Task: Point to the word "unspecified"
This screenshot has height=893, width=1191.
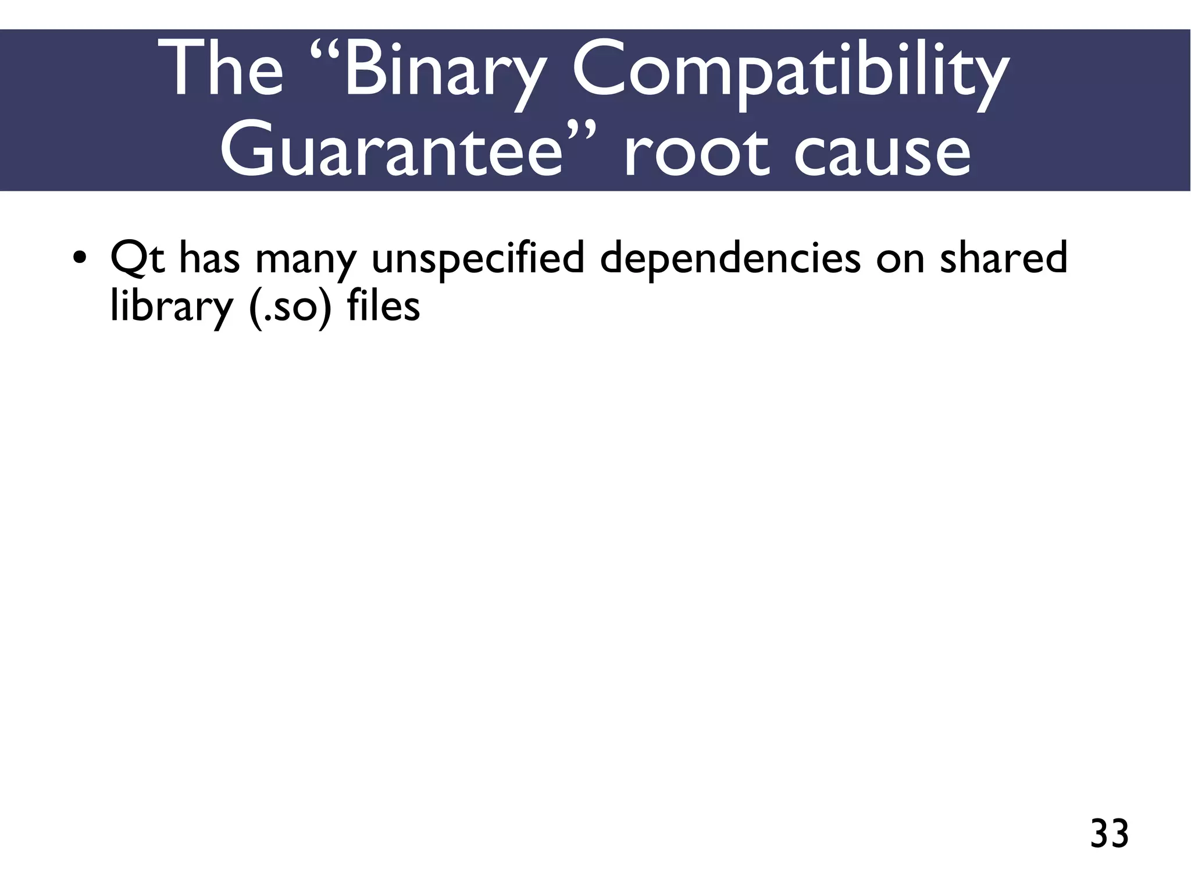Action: [477, 259]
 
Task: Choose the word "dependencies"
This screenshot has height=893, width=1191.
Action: [730, 259]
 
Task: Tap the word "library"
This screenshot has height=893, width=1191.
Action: [171, 307]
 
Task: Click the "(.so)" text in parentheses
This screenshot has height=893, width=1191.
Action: [290, 307]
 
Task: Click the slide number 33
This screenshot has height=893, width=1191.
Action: [1109, 834]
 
